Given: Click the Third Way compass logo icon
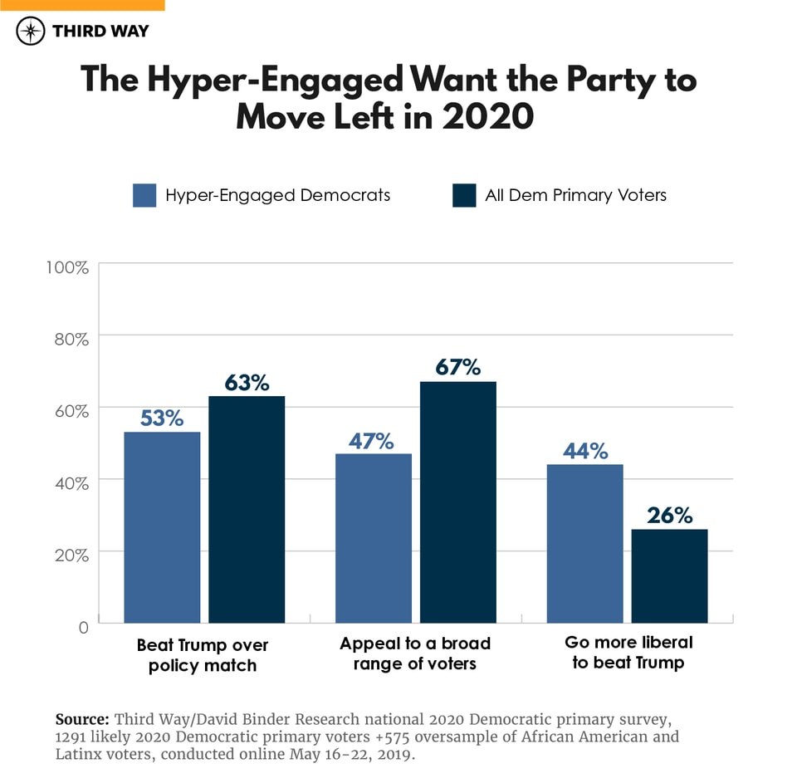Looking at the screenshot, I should pyautogui.click(x=31, y=32).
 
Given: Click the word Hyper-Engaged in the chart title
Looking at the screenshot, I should pyautogui.click(x=275, y=80).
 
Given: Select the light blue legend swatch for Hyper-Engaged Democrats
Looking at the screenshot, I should pyautogui.click(x=144, y=195).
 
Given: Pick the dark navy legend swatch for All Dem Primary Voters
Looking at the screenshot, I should pyautogui.click(x=464, y=195).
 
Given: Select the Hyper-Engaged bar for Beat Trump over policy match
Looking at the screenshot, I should pyautogui.click(x=163, y=527).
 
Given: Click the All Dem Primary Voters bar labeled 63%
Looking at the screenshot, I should pyautogui.click(x=247, y=509).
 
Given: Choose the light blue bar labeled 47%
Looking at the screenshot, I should pyautogui.click(x=374, y=538).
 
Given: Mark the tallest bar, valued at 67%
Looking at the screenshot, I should pyautogui.click(x=458, y=502).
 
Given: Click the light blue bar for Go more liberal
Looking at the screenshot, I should pyautogui.click(x=584, y=543).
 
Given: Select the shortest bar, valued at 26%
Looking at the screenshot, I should pyautogui.click(x=669, y=575).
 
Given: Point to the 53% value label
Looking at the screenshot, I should pyautogui.click(x=162, y=418).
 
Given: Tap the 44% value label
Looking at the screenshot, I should pyautogui.click(x=585, y=451).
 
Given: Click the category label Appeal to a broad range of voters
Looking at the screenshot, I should pyautogui.click(x=415, y=653).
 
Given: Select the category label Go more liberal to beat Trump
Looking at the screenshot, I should pyautogui.click(x=628, y=652).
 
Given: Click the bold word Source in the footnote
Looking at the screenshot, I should pyautogui.click(x=81, y=719).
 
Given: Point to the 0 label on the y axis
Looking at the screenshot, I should pyautogui.click(x=82, y=627).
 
